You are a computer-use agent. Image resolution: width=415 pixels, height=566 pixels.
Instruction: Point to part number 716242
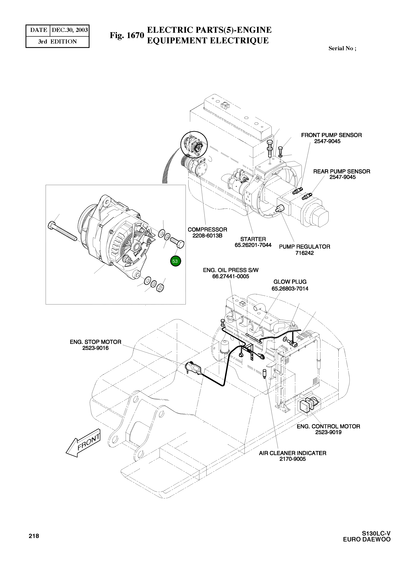pyautogui.click(x=305, y=253)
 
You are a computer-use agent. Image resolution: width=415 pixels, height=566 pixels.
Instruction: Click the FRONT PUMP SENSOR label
pyautogui.click(x=331, y=135)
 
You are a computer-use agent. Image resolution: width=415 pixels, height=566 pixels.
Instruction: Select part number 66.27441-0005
pyautogui.click(x=231, y=276)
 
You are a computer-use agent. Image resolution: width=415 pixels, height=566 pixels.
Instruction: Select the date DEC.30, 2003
pyautogui.click(x=70, y=30)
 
